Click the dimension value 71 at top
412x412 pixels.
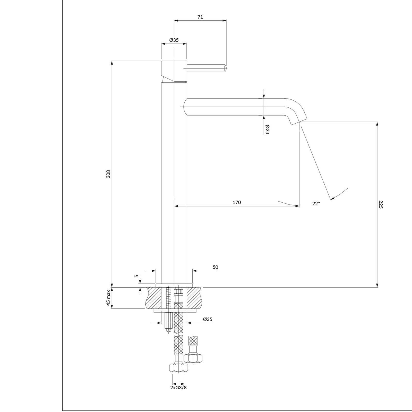[x=200, y=17]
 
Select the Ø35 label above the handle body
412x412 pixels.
[x=174, y=40]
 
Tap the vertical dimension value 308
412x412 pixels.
[x=108, y=174]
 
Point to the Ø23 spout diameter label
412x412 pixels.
[x=267, y=130]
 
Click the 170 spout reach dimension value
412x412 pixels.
[x=237, y=202]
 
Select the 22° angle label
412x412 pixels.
[x=316, y=203]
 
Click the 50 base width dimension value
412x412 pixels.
[x=215, y=267]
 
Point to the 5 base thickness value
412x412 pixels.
[x=137, y=276]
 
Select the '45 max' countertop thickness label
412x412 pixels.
[x=108, y=298]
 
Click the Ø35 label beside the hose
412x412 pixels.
[x=208, y=320]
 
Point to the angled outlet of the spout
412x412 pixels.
[x=299, y=122]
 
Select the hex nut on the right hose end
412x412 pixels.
[x=193, y=358]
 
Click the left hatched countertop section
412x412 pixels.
[x=154, y=298]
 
